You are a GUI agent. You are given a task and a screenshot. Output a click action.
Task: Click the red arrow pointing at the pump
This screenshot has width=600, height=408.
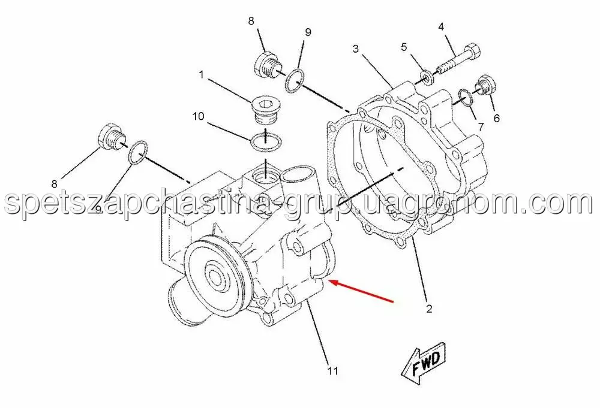pos(362,292)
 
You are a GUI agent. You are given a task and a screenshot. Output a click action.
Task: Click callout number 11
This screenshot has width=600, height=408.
pos(332,371)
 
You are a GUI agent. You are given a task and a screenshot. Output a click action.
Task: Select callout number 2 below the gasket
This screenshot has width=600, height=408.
pos(429,309)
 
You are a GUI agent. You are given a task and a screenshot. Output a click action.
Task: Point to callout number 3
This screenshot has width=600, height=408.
pos(356,49)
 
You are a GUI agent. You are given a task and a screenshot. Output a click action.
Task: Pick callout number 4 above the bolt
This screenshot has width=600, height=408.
pos(441,27)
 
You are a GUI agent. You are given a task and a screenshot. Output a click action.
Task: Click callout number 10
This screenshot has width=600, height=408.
pos(198,116)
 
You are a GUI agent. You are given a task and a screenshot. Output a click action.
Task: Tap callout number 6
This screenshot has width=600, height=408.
pos(496,119)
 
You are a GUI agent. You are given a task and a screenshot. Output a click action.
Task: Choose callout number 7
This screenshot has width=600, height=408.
pos(481,127)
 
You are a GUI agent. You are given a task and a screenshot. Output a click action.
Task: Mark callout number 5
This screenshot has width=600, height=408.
pos(404,47)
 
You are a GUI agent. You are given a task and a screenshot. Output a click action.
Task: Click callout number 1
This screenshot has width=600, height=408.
pos(201,74)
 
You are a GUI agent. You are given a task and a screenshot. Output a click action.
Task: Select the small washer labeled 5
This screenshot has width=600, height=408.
pos(426,77)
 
